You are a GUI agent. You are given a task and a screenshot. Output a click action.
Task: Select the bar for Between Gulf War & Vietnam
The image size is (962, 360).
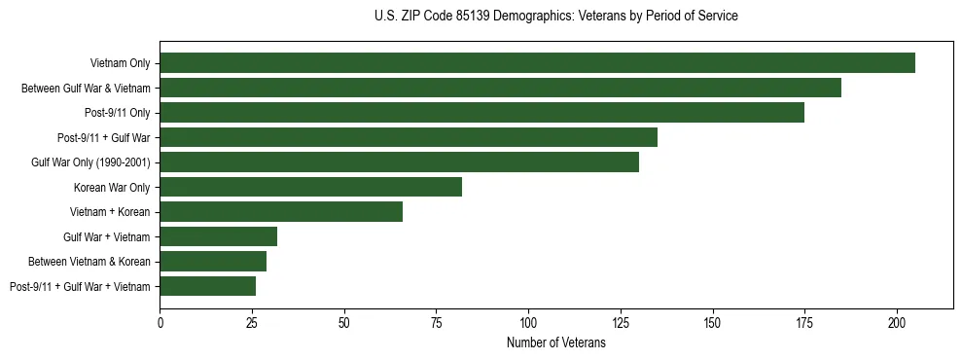pos(500,88)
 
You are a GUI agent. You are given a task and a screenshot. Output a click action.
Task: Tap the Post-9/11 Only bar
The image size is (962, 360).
pos(481,113)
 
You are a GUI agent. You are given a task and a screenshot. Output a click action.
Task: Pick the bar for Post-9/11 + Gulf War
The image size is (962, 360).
pos(409,137)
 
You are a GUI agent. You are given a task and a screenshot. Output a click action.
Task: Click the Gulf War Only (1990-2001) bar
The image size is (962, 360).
pos(399,162)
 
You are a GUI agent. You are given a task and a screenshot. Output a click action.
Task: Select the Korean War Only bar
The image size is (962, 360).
pos(310,187)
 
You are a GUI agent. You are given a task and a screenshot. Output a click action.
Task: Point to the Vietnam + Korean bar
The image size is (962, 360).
pos(281,211)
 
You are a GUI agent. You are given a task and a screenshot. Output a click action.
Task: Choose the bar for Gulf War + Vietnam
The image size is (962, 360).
pos(219,236)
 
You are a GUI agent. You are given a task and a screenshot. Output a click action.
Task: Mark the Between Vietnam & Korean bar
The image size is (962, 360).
pos(213,261)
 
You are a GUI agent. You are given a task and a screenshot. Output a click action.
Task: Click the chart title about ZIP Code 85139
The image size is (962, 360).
pos(555,17)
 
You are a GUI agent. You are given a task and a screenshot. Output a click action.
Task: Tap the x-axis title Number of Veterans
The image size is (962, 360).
pos(555,342)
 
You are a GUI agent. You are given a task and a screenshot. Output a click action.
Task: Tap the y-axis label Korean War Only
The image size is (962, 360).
pos(112,187)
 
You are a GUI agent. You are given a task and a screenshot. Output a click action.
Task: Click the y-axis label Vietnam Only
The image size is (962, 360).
pos(120,63)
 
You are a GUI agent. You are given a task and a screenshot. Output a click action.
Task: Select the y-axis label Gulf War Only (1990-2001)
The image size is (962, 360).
pos(90,162)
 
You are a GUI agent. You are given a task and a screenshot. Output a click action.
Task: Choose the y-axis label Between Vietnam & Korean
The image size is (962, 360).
pos(89,261)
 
